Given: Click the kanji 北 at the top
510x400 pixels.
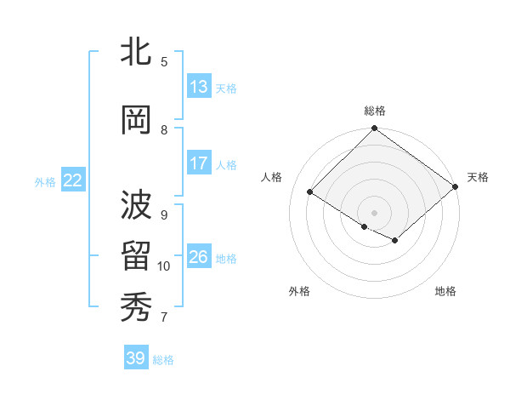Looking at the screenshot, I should tap(136, 53).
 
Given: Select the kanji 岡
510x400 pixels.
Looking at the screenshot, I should tap(136, 120).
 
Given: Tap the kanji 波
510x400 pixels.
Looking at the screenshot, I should tap(136, 204).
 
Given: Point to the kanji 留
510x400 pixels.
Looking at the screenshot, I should tap(136, 256).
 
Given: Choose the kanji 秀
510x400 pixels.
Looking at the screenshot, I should tap(136, 307).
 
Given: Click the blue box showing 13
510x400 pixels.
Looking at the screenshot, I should tap(199, 87).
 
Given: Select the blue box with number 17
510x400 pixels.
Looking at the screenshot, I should tap(199, 163).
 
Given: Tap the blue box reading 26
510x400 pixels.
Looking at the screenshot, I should tap(199, 257).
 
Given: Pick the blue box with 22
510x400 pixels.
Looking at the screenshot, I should tap(73, 180).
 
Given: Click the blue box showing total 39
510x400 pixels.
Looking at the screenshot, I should tap(136, 358).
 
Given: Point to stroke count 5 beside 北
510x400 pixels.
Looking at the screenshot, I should tap(164, 61).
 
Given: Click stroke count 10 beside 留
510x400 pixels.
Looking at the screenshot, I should tap(164, 266).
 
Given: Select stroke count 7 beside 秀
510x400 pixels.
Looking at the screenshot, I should tap(164, 317).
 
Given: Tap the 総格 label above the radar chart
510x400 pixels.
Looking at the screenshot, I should tap(375, 111).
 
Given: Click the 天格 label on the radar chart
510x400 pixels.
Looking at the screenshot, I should tap(478, 177).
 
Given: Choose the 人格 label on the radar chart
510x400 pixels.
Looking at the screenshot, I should tap(272, 177).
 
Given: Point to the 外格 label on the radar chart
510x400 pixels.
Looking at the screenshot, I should tap(299, 291).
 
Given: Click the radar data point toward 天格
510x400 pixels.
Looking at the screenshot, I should tap(455, 187).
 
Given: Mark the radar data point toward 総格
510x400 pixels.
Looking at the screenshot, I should tap(374, 129).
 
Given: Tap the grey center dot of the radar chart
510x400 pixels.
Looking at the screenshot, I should tap(374, 212).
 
